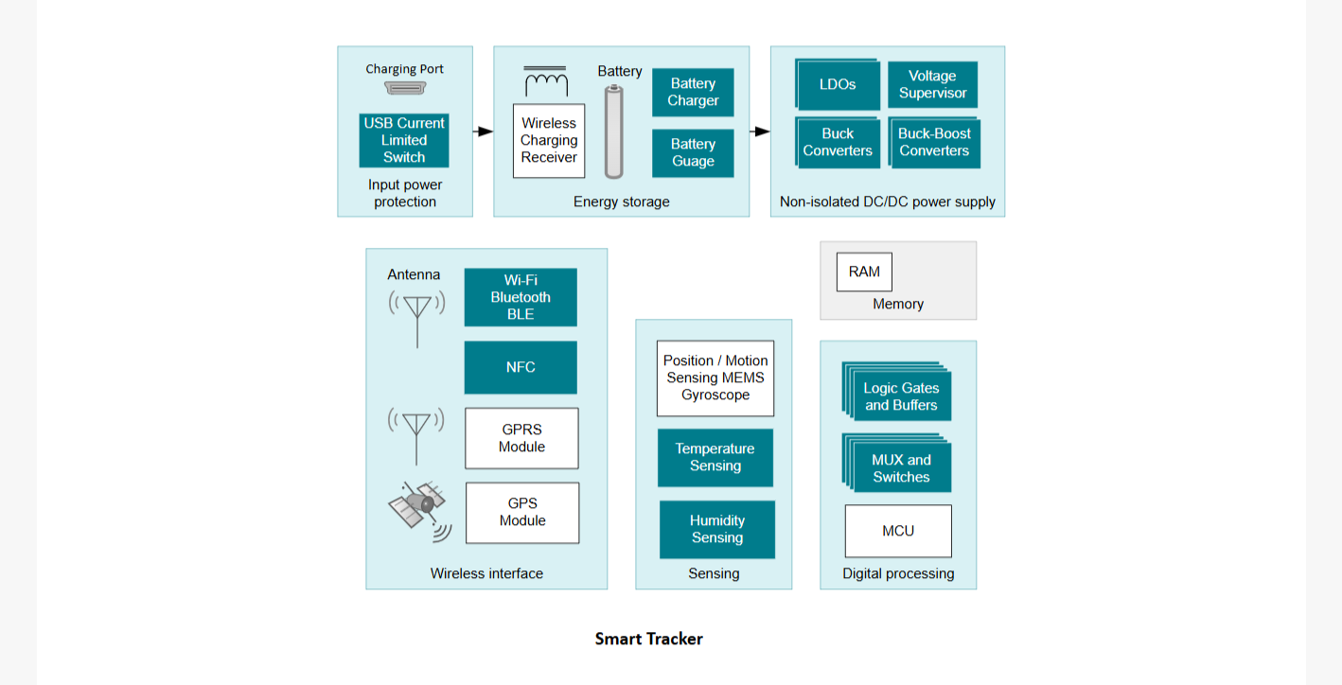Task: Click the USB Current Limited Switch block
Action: click(404, 140)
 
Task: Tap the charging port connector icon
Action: click(405, 89)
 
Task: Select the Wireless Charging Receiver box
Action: click(549, 141)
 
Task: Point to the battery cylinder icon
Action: click(613, 132)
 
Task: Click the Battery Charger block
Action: click(693, 92)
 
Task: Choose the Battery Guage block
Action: click(693, 152)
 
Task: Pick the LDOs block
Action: click(838, 84)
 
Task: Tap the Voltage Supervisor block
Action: click(932, 84)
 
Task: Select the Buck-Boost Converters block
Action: click(934, 143)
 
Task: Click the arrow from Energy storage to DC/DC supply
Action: click(760, 132)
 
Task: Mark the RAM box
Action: click(864, 272)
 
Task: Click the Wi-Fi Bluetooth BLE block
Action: click(521, 297)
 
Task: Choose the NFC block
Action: click(521, 367)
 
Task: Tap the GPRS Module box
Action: click(521, 438)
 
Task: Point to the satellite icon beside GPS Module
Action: click(419, 511)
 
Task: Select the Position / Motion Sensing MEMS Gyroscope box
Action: click(715, 378)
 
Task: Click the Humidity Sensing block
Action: click(717, 529)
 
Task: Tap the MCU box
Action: click(898, 531)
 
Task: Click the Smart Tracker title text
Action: click(649, 639)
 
